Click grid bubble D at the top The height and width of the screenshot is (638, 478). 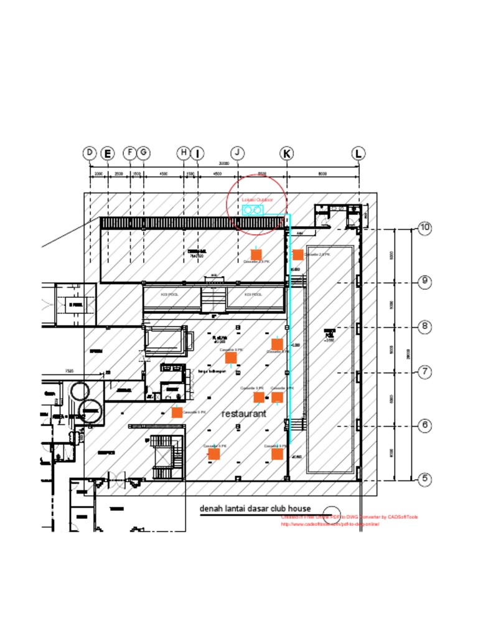(90, 153)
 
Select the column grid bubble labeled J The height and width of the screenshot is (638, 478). (238, 153)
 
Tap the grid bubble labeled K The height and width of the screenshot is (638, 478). (287, 153)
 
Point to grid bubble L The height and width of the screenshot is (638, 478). (358, 153)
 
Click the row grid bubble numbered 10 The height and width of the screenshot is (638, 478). (424, 228)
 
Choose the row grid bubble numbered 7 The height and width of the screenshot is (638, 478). (424, 372)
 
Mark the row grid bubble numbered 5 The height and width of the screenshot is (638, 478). (424, 479)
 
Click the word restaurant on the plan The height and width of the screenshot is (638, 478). (244, 414)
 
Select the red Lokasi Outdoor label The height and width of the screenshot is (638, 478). (257, 199)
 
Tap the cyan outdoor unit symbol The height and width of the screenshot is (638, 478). (253, 210)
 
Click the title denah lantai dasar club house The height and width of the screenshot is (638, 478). (255, 508)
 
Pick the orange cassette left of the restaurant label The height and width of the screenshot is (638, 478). (177, 412)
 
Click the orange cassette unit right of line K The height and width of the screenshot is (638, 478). (298, 254)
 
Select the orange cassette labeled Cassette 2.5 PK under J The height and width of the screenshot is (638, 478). (255, 254)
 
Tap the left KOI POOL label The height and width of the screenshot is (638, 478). (169, 294)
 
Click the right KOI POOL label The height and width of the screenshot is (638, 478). (253, 294)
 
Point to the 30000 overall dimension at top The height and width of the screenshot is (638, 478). (224, 163)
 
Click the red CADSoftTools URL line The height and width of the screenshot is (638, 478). (330, 524)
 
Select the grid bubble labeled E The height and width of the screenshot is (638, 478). (108, 153)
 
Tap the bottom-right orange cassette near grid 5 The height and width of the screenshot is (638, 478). (277, 454)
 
